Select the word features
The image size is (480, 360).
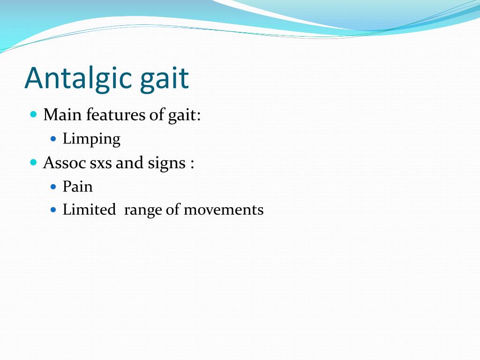pyautogui.click(x=116, y=115)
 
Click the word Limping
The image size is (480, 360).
pyautogui.click(x=91, y=139)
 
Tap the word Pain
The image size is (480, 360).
pyautogui.click(x=78, y=187)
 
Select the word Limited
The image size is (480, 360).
pyautogui.click(x=89, y=210)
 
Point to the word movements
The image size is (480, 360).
pyautogui.click(x=224, y=210)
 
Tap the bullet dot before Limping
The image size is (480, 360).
pyautogui.click(x=53, y=139)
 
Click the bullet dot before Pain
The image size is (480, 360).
pyautogui.click(x=53, y=187)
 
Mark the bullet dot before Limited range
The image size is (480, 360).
pyautogui.click(x=53, y=210)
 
